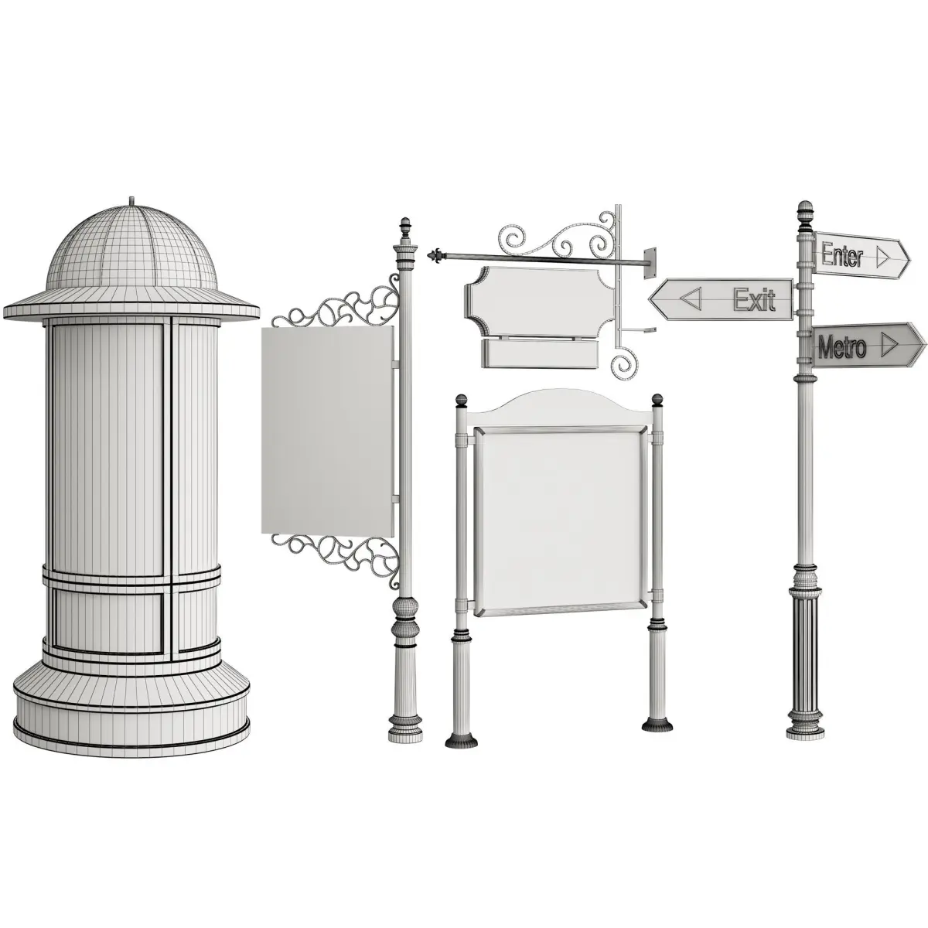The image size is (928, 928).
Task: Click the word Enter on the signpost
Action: point(842,255)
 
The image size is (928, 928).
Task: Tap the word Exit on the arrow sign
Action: point(754,299)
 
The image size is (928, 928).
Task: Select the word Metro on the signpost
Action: point(842,346)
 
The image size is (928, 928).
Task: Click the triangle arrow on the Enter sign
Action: point(882,258)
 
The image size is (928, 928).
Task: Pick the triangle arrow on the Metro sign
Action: point(889,345)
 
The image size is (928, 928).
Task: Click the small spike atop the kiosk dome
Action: point(131,200)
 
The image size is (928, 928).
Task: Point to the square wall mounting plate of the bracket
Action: point(649,262)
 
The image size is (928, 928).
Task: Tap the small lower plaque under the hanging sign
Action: point(540,353)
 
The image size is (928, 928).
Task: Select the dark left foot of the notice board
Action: point(462,754)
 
